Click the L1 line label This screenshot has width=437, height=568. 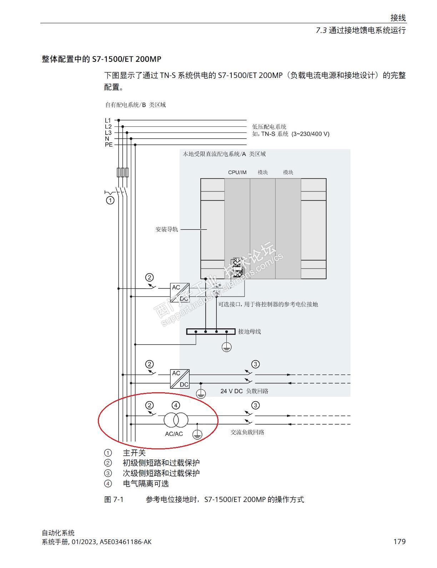pos(108,120)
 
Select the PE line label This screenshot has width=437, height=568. pos(109,145)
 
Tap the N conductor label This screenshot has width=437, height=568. pos(107,139)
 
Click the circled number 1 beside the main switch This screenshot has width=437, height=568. pos(110,200)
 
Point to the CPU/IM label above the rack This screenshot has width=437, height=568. pos(237,172)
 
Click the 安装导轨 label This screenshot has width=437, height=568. pos(166,229)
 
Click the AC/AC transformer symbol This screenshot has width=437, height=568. pos(176,420)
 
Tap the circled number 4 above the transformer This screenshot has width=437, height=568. pos(176,405)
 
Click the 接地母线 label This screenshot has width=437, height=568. pos(250,332)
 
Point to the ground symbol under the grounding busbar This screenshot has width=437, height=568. pos(226,347)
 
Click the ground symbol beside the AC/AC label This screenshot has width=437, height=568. pos(197,434)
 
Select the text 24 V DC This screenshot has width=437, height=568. pos(231,391)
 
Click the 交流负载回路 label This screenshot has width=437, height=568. pos(247,432)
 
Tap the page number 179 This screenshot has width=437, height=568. pos(399,542)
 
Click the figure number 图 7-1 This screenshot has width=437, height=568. pos(114,499)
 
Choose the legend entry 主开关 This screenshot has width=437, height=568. pos(134,453)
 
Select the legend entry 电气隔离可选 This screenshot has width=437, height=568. pos(146,484)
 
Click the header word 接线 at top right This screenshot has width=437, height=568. pos(398,18)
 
